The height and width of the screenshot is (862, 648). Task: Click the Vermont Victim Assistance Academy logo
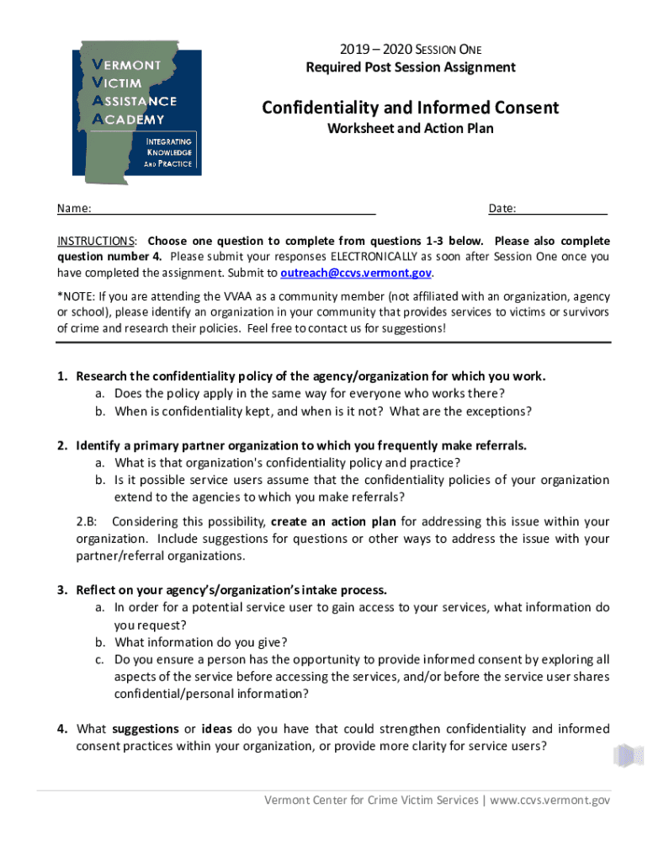click(135, 108)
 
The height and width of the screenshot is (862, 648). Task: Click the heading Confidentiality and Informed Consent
click(410, 108)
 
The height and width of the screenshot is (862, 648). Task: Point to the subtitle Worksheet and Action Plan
click(410, 129)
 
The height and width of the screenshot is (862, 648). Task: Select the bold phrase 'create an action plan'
click(335, 522)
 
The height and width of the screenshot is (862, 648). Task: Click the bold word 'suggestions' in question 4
click(145, 729)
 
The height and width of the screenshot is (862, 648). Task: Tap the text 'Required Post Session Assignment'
click(410, 67)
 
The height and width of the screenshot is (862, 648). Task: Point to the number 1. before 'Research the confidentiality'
click(62, 376)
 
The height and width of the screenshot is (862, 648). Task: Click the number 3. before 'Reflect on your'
click(62, 590)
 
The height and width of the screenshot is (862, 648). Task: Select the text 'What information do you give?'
click(201, 641)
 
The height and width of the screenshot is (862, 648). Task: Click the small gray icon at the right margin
click(628, 756)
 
